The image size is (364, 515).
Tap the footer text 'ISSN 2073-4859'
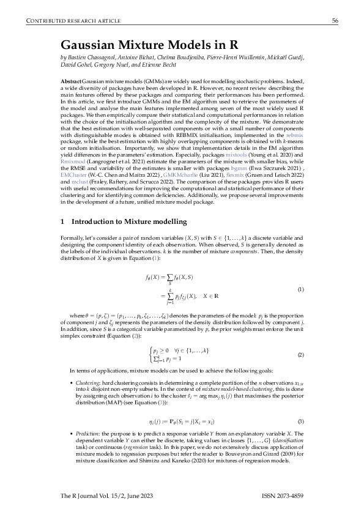282,494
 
